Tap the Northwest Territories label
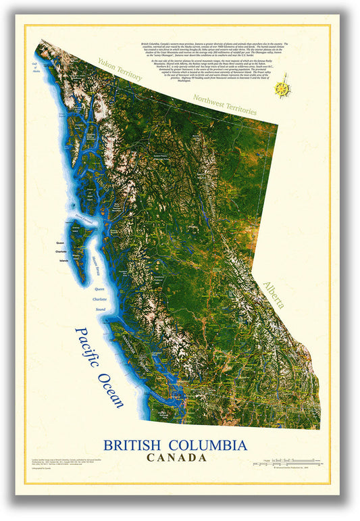(x=224, y=103)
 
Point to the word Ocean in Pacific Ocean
(x=110, y=390)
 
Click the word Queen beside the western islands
(x=61, y=243)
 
